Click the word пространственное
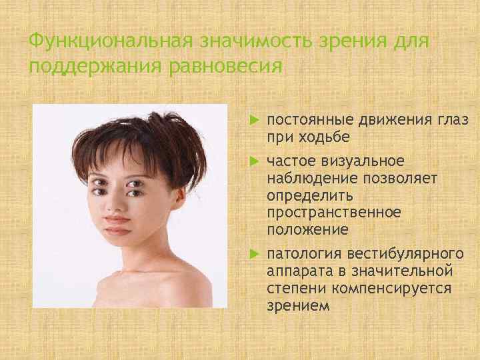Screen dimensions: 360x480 (x=333, y=213)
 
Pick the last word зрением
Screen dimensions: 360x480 (x=297, y=305)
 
